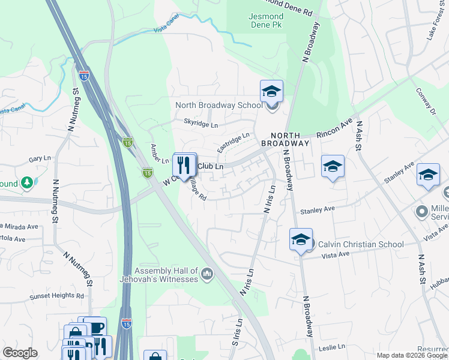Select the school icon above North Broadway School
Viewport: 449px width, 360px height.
click(x=271, y=91)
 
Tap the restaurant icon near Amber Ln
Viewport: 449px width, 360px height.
click(x=184, y=164)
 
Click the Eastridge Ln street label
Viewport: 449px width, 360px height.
click(x=233, y=142)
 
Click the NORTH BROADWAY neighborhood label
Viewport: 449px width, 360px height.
click(x=285, y=139)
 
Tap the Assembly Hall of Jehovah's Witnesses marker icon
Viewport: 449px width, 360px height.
click(x=207, y=274)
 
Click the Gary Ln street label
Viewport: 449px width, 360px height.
click(x=40, y=159)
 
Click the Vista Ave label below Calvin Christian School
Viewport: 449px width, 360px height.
click(x=336, y=254)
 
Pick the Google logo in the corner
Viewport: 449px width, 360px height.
click(x=20, y=353)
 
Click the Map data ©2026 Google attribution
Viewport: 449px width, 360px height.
click(x=411, y=355)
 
